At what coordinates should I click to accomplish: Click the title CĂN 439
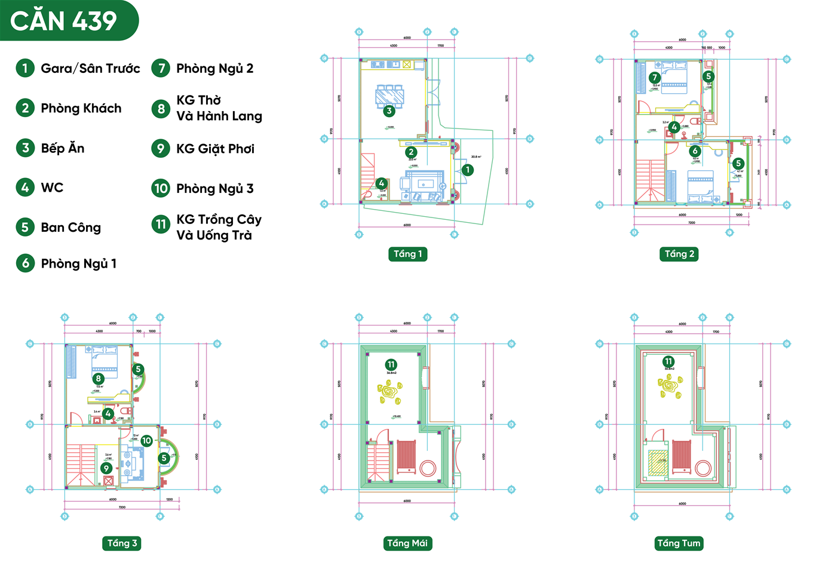tap(64, 21)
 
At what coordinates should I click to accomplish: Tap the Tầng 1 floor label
tap(408, 254)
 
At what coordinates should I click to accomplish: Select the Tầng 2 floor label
tap(680, 254)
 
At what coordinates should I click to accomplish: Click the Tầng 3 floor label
tap(122, 543)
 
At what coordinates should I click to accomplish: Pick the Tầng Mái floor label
tap(407, 543)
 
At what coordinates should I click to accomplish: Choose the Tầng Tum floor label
tap(679, 543)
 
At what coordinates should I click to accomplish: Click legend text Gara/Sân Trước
tap(90, 69)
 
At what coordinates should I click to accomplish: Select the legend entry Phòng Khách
tap(81, 108)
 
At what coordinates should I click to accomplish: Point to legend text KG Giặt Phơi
tap(215, 149)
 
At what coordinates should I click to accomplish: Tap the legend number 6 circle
tap(25, 263)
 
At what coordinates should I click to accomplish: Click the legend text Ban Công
tap(70, 228)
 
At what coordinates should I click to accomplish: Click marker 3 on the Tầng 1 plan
tap(389, 111)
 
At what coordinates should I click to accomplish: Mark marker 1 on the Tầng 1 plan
tap(468, 170)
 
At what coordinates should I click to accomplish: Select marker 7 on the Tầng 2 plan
tap(655, 77)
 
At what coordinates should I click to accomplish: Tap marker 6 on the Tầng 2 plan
tap(695, 151)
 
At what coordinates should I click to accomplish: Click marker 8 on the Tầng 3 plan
tap(99, 378)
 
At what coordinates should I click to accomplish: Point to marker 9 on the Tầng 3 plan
tap(106, 468)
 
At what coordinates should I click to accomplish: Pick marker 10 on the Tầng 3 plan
tap(146, 441)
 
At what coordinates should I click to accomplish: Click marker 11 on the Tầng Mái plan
tap(391, 364)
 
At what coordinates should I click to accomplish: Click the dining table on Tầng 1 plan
tap(389, 95)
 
